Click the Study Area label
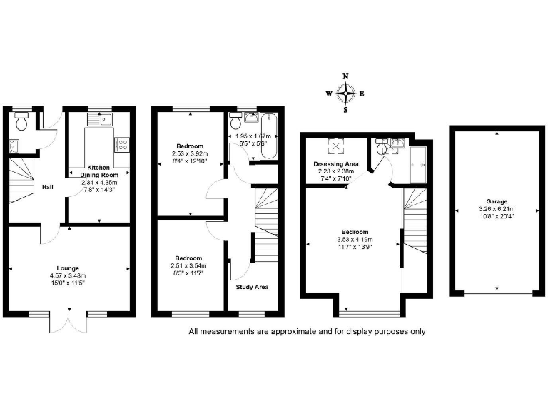[252, 288]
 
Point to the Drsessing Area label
[335, 163]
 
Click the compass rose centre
[346, 93]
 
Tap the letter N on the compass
[346, 76]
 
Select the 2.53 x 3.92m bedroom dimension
[191, 153]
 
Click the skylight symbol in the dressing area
[335, 148]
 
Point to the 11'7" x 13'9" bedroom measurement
[355, 246]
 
